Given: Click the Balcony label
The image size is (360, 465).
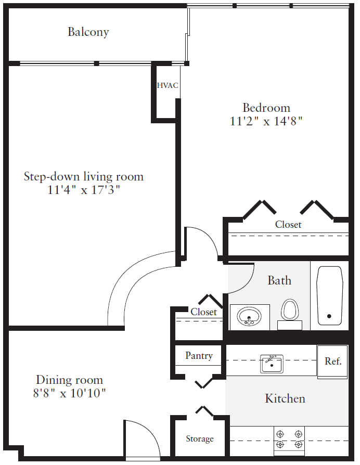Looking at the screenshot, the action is (88, 32).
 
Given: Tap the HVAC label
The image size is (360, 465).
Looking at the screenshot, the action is (168, 85).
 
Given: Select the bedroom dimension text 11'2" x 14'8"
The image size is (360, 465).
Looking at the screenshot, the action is (266, 121).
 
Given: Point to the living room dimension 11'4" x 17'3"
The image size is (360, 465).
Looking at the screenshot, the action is (84, 190).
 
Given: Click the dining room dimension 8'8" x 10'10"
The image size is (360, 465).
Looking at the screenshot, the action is (69, 393).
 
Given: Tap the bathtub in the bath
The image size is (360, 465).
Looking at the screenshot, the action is (330, 295).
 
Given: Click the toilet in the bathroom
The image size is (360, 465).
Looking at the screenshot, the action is (290, 314).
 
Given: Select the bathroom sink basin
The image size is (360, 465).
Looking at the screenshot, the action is (249, 316).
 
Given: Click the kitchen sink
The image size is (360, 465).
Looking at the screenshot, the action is (272, 364).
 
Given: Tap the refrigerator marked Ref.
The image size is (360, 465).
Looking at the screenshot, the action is (332, 362).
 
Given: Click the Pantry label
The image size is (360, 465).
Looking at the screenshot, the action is (199, 356).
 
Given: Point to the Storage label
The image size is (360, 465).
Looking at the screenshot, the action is (200, 439).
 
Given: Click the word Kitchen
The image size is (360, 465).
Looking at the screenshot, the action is (285, 398).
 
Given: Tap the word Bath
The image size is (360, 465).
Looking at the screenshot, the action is (279, 280).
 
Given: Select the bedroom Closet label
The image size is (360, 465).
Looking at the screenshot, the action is (288, 225).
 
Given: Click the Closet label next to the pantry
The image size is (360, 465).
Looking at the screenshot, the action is (204, 312).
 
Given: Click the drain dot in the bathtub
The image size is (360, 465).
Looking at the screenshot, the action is (329, 316).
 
